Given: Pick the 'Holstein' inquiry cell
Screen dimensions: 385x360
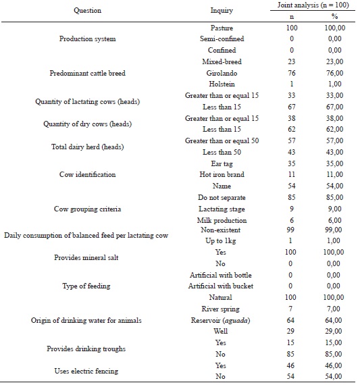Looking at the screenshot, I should pyautogui.click(x=222, y=84).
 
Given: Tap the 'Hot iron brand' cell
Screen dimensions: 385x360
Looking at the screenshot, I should pyautogui.click(x=222, y=174).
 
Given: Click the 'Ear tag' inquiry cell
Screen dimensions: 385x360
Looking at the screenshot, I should pyautogui.click(x=222, y=163).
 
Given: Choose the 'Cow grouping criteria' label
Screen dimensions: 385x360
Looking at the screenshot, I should pyautogui.click(x=87, y=209).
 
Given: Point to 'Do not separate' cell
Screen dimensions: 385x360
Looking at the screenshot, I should pyautogui.click(x=222, y=197).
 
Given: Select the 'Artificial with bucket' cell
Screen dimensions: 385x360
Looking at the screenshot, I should pyautogui.click(x=222, y=286).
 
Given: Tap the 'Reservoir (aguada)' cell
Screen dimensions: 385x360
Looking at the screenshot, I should pyautogui.click(x=222, y=320).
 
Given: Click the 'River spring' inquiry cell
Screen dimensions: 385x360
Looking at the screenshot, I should pyautogui.click(x=222, y=309).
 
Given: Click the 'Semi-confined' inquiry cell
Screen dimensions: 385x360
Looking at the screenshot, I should pyautogui.click(x=222, y=38).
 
